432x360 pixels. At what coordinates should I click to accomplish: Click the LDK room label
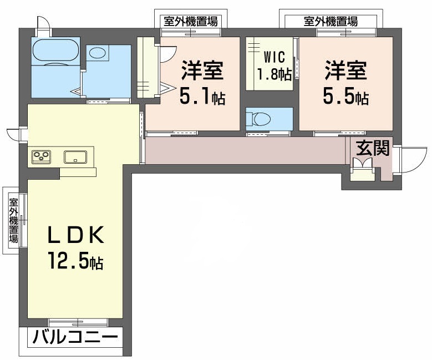coord(75,236)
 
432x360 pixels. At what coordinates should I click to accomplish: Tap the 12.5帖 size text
coord(75,260)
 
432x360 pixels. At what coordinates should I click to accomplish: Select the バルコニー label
coord(75,337)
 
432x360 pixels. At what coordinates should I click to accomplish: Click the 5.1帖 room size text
coord(201,97)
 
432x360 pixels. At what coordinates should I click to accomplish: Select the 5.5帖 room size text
coord(345,97)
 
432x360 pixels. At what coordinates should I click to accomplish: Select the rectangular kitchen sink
coord(74,157)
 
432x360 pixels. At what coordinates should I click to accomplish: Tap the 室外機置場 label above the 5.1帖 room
coord(190,22)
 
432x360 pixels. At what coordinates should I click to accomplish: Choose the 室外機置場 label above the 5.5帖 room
coord(331,22)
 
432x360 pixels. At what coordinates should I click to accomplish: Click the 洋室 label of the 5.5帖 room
coord(345,72)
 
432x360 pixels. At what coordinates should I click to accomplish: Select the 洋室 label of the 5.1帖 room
coord(201,72)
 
